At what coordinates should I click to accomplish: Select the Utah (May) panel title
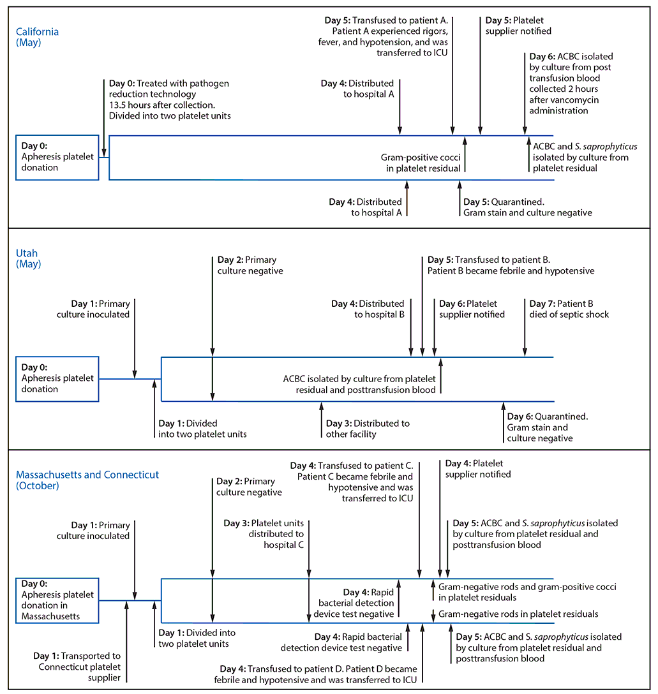pyautogui.click(x=29, y=258)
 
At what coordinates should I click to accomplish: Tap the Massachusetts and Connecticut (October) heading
pyautogui.click(x=87, y=480)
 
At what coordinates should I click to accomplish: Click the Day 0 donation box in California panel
pyautogui.click(x=57, y=157)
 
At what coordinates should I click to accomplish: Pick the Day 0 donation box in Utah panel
pyautogui.click(x=57, y=379)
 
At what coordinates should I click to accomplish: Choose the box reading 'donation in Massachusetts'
pyautogui.click(x=57, y=600)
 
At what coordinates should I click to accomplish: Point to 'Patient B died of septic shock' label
pyautogui.click(x=567, y=309)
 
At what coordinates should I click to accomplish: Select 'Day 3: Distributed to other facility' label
pyautogui.click(x=368, y=429)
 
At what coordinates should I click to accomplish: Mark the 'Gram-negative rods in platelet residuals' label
pyautogui.click(x=518, y=614)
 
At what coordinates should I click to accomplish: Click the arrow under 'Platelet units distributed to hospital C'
pyautogui.click(x=309, y=561)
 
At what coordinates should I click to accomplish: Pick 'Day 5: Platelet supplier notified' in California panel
pyautogui.click(x=518, y=26)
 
